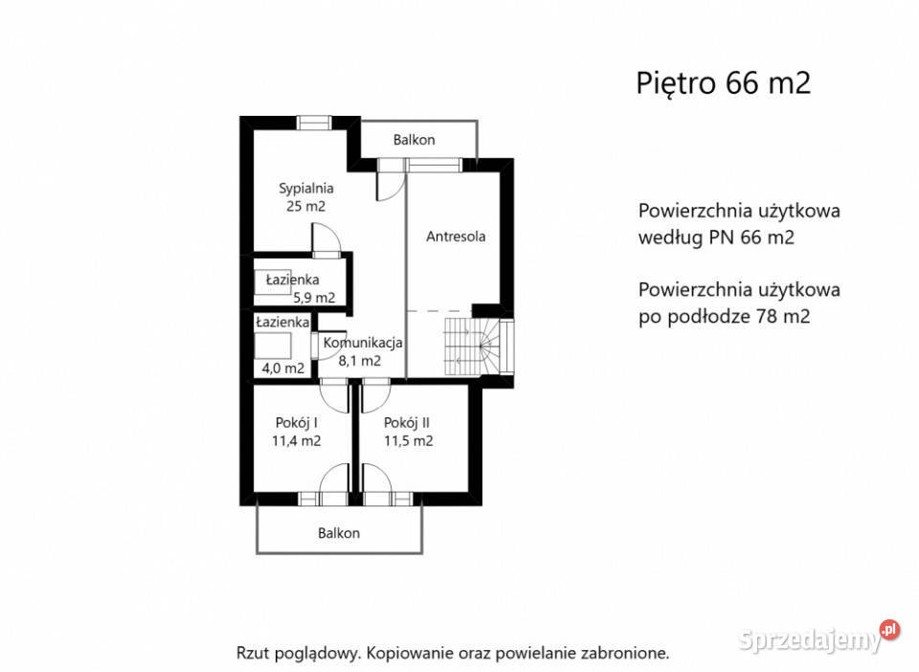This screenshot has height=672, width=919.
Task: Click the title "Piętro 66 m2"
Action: point(723,83)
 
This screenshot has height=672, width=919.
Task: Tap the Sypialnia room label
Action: point(305,189)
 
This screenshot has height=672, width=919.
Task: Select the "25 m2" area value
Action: point(305,206)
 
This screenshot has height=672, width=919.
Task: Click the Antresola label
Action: point(455,236)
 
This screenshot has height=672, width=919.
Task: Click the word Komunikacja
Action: point(363,343)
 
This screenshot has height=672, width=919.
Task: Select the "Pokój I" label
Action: point(296,423)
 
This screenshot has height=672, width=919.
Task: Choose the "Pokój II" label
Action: point(407,423)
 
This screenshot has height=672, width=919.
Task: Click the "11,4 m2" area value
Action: point(296,441)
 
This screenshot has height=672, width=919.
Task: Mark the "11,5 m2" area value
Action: point(409,441)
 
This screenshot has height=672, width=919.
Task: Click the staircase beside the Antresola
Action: point(477,347)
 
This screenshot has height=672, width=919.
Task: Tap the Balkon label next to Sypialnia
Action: point(414,140)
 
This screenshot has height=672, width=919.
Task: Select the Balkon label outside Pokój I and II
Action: point(339,533)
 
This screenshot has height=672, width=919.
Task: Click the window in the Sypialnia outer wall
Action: point(313,123)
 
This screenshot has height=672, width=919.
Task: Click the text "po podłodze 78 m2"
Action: point(724,316)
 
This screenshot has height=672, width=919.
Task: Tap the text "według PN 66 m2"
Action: point(715,238)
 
